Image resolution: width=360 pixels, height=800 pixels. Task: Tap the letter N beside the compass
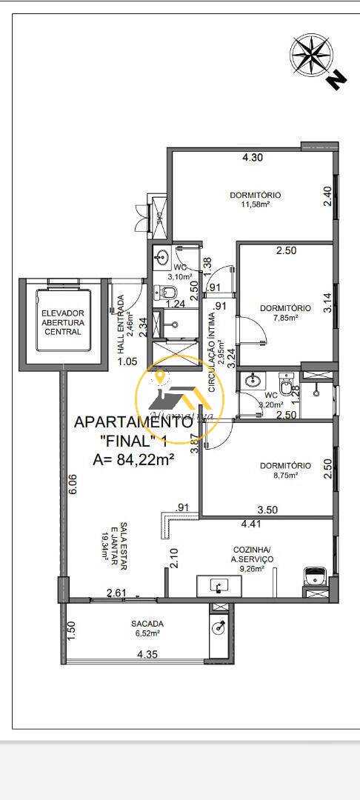337,79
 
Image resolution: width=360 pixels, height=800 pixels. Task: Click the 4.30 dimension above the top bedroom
253,157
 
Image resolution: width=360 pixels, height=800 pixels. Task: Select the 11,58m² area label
255,204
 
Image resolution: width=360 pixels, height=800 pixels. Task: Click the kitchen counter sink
218,586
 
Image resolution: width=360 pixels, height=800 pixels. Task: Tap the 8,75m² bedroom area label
284,476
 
